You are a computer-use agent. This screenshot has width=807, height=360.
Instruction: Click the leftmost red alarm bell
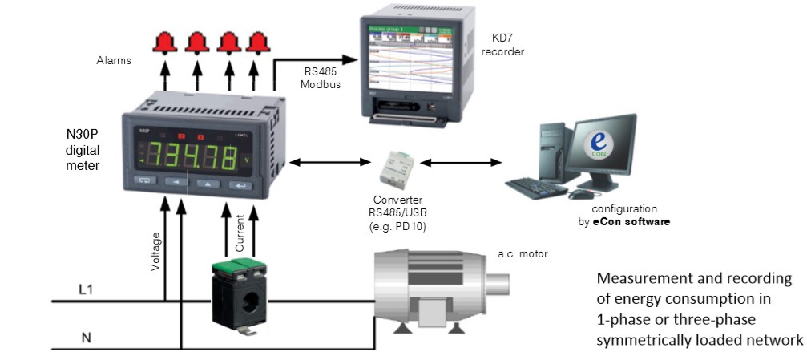(164, 42)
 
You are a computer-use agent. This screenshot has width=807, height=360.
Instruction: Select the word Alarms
(113, 59)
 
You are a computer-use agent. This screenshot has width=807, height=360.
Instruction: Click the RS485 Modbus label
(313, 77)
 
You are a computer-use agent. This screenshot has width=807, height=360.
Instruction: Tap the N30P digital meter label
(83, 148)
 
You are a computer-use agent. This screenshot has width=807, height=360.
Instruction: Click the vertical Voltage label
(156, 251)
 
